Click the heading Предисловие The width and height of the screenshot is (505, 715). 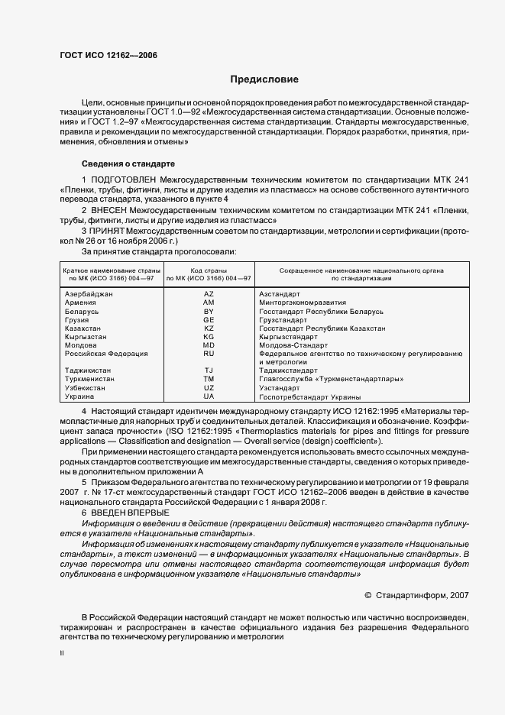click(x=264, y=79)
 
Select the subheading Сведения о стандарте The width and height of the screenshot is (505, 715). click(x=128, y=163)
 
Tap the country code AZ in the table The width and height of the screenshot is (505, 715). click(x=209, y=293)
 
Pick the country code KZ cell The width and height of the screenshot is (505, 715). click(x=209, y=328)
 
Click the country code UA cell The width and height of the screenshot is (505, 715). click(x=209, y=396)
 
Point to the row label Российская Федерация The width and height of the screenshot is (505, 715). click(x=106, y=354)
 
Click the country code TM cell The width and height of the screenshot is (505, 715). click(x=209, y=380)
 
